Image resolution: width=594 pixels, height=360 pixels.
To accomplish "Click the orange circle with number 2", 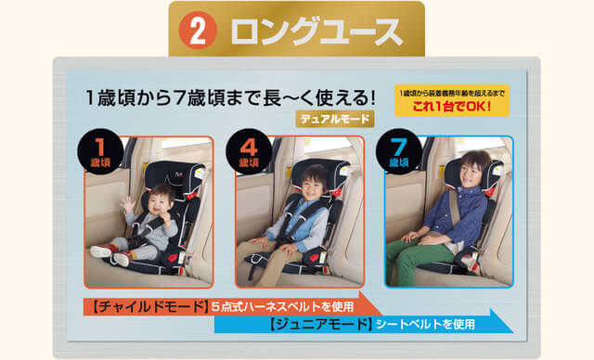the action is pos(198,30).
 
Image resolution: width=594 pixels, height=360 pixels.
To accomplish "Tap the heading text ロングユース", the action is pos(316,31).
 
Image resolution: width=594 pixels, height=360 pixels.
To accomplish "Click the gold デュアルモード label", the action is pos(335,119).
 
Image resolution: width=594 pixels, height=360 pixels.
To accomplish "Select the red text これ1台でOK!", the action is pos(452,106).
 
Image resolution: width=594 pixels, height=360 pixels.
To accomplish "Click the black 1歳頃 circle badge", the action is pos(100,151).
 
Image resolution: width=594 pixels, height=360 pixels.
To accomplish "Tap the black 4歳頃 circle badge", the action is pos(249,151).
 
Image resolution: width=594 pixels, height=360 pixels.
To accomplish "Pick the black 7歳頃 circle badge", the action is pos(398,151).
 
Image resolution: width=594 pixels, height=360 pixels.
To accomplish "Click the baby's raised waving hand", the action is pos(128,205).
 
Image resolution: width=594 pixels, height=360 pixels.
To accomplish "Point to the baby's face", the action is pos(160,204).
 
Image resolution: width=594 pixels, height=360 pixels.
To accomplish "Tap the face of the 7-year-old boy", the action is pos(471,173).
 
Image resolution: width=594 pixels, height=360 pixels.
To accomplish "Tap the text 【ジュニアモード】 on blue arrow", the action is pos(319,325).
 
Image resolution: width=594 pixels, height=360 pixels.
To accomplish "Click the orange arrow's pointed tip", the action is pos(382,315).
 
